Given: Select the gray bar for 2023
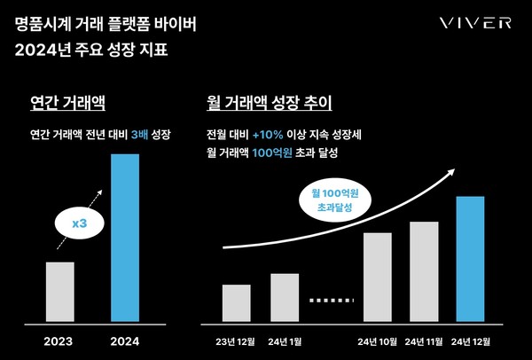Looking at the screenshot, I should pos(59,291).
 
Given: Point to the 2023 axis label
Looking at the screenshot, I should pos(59,340).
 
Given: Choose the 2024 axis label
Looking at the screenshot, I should pos(125,340).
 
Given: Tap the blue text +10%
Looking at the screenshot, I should pos(267,135).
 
